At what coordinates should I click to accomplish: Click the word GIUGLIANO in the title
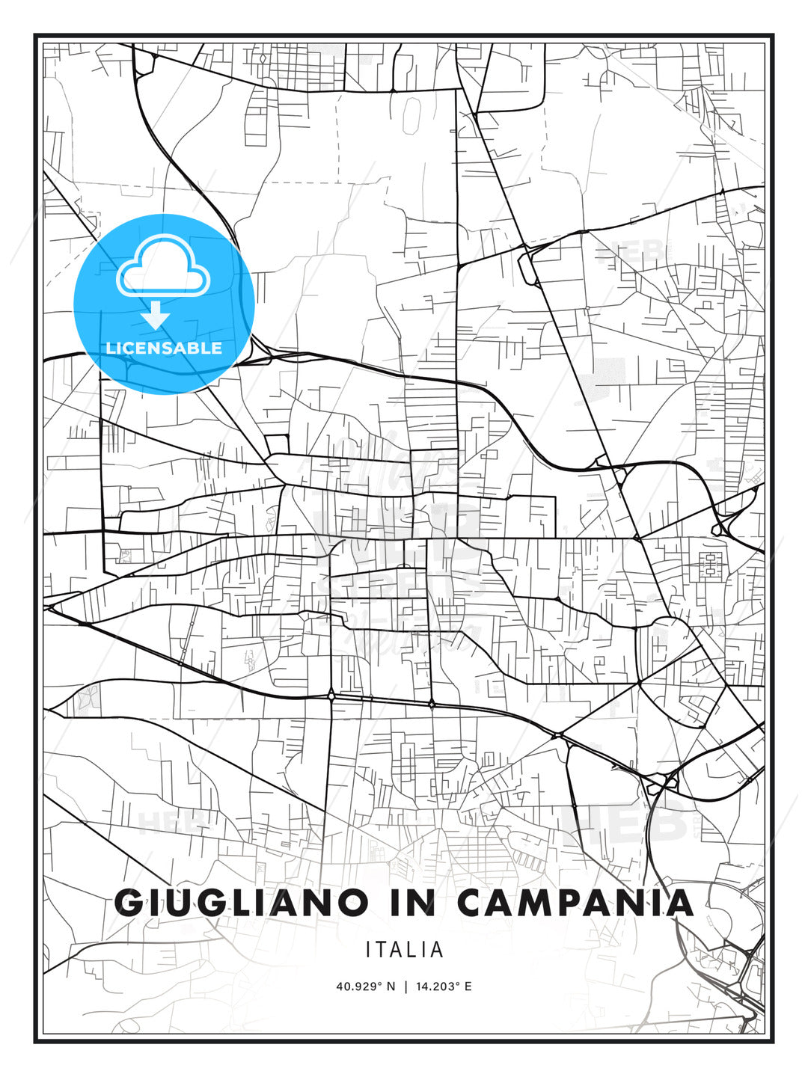click(244, 903)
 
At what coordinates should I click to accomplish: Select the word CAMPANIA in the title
click(575, 903)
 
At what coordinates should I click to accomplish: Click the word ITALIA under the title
click(405, 950)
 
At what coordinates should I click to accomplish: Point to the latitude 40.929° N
click(365, 987)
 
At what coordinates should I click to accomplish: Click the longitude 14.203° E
click(442, 987)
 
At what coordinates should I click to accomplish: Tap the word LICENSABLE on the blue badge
click(164, 348)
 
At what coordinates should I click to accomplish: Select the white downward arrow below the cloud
click(156, 315)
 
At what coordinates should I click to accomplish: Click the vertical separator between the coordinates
click(405, 987)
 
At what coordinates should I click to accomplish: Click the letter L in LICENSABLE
click(110, 348)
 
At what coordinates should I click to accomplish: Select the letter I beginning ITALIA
click(368, 950)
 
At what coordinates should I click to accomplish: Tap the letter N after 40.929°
click(391, 987)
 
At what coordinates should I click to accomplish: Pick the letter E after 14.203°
click(468, 987)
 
